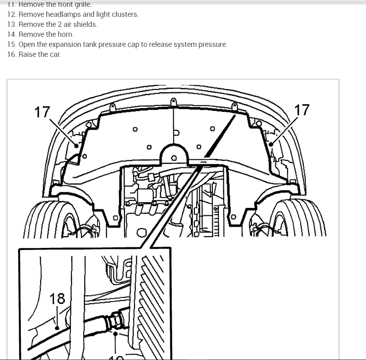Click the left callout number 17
[42, 112]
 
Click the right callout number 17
[302, 110]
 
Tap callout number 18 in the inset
[57, 298]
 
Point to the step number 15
[11, 44]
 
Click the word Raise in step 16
[28, 54]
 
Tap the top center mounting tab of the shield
[173, 103]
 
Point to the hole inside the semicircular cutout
[174, 158]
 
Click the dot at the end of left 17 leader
[76, 146]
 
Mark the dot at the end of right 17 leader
[271, 144]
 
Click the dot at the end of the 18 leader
[57, 328]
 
